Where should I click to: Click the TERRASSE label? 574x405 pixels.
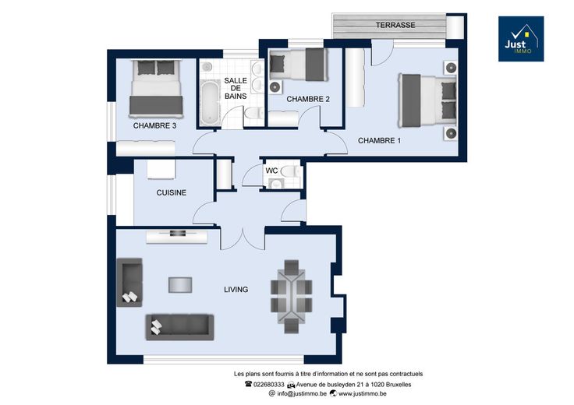point(395,25)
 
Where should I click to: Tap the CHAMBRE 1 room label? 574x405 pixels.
point(379,140)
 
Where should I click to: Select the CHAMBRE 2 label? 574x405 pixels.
point(308,99)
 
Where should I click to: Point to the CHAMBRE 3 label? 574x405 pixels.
point(154,125)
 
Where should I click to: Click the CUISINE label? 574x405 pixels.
point(172,192)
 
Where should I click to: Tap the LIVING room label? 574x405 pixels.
point(236,290)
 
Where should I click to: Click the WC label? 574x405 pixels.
point(271,171)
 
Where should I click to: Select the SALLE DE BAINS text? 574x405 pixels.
point(236,88)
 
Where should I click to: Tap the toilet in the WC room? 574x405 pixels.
point(291,171)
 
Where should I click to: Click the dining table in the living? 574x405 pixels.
point(292,297)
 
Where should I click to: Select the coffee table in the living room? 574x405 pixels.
point(180,285)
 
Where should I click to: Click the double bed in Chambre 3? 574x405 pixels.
point(156,89)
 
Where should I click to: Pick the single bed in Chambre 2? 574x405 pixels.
point(299,65)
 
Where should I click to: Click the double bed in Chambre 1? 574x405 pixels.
point(427,100)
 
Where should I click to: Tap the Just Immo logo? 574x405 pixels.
point(521,39)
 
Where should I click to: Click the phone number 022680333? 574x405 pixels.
point(264,385)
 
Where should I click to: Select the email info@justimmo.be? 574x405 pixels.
point(298,393)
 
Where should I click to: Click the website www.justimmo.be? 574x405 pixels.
point(358,393)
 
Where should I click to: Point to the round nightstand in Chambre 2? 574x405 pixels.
point(275,87)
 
